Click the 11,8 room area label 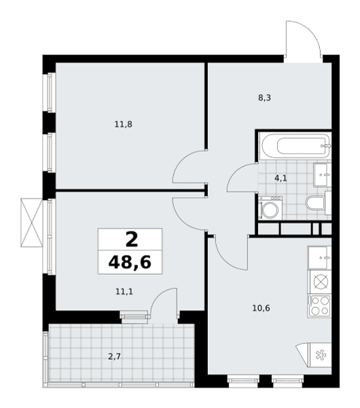coord(123,124)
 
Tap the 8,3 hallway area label coord(264,98)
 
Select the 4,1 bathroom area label coord(281,178)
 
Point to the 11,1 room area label coord(124,292)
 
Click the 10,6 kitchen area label coord(261,308)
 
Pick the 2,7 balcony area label coord(114,356)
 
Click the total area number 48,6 coord(130,262)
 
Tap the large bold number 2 coord(132,239)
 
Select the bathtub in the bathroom coord(296,146)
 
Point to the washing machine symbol coord(270,207)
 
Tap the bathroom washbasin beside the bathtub coord(323,175)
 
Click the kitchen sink coord(319,257)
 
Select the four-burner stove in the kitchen coord(319,306)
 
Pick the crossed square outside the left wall coord(31,222)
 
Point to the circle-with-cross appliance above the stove coord(321,282)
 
